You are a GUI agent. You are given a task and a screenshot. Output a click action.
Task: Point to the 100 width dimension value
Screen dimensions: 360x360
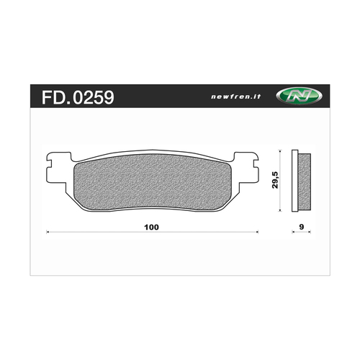[151, 228]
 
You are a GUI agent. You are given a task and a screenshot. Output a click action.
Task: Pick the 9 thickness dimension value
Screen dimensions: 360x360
[302, 228]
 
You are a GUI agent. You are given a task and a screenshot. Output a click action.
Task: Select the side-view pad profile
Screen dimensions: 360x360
[302, 181]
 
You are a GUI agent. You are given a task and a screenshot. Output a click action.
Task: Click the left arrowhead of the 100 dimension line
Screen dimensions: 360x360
[48, 233]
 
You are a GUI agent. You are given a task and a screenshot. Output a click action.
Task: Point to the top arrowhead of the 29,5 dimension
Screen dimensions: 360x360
[279, 153]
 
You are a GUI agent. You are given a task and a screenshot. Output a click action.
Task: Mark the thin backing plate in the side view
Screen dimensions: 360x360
[294, 181]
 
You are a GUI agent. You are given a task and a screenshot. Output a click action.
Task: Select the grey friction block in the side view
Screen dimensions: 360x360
[304, 181]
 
